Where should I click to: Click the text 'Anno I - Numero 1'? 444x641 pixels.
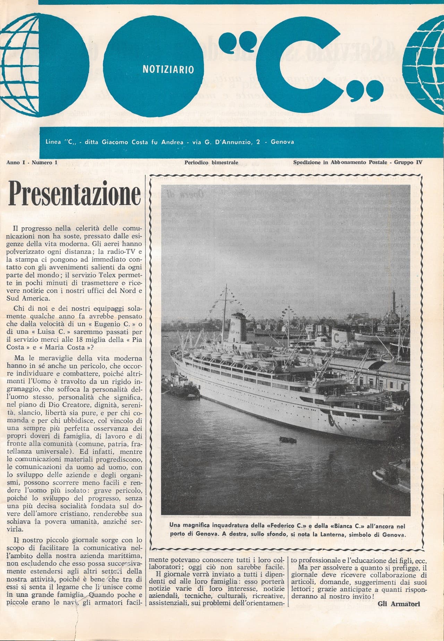32,162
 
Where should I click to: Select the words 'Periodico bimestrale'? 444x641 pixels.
211,162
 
